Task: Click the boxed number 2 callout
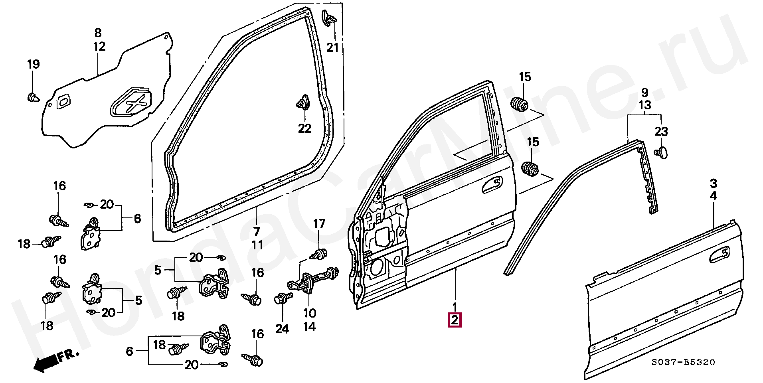pyautogui.click(x=455, y=320)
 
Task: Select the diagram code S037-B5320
pyautogui.click(x=683, y=362)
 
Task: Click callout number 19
pyautogui.click(x=34, y=64)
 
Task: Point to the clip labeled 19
pyautogui.click(x=32, y=97)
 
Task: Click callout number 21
pyautogui.click(x=332, y=47)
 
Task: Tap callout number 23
pyautogui.click(x=661, y=131)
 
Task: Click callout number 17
pyautogui.click(x=319, y=224)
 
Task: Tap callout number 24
pyautogui.click(x=282, y=329)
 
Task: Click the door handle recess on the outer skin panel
pyautogui.click(x=720, y=255)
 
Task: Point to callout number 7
pyautogui.click(x=257, y=231)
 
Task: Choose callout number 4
pyautogui.click(x=713, y=196)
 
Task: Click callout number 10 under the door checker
pyautogui.click(x=310, y=313)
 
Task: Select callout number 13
pyautogui.click(x=645, y=105)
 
